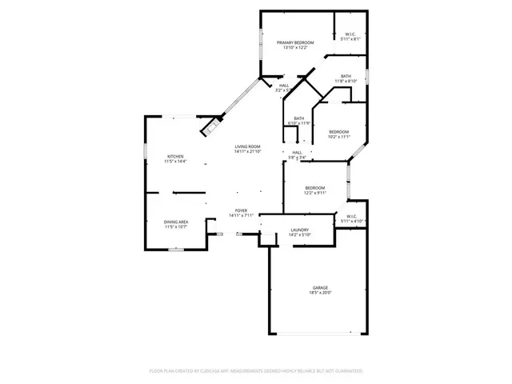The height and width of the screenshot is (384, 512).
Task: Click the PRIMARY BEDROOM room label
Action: pos(295,42)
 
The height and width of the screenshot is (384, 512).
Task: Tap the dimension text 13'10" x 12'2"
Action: pos(295,47)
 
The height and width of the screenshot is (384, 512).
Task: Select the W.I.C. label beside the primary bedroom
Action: pos(350,34)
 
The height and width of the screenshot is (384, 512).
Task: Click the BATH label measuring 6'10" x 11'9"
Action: pos(298,118)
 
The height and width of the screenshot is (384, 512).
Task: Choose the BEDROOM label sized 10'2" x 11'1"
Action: pos(338,131)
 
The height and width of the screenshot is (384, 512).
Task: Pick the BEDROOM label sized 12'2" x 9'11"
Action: pos(314,187)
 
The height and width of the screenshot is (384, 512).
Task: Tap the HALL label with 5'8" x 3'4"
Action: pos(297,152)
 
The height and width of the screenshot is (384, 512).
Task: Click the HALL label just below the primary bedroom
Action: pos(284,86)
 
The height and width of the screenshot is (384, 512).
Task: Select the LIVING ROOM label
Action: pos(247,146)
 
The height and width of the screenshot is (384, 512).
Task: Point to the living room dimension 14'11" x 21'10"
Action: pos(247,152)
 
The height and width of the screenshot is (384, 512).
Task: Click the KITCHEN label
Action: pos(175,156)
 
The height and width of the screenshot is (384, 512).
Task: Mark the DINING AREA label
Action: pos(175,222)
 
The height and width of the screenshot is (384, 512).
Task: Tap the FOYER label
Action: pos(241,210)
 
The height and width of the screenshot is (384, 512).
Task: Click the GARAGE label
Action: pos(320,287)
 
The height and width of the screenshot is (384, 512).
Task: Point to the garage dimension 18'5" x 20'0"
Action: pos(320,293)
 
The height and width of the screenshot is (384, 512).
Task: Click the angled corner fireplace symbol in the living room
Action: pos(212,125)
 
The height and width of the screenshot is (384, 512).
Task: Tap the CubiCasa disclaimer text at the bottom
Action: pos(256,371)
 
